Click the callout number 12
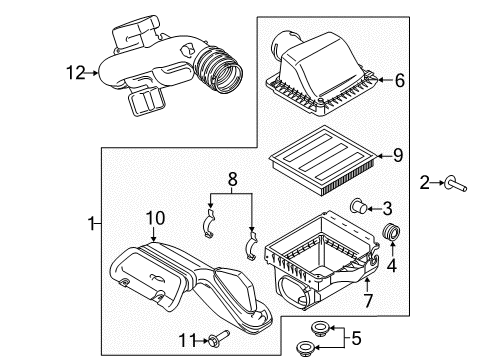76,72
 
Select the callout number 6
399,80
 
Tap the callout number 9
398,155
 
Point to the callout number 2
425,183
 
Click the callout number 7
368,300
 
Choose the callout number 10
156,218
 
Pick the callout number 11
189,340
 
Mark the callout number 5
356,338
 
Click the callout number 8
232,179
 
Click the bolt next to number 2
455,185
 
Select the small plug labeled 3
358,207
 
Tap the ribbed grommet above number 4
391,232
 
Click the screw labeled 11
219,338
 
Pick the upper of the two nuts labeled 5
320,328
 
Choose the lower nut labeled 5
306,348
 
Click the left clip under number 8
210,224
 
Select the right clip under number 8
251,245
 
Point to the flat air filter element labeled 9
323,161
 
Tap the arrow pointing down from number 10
153,234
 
